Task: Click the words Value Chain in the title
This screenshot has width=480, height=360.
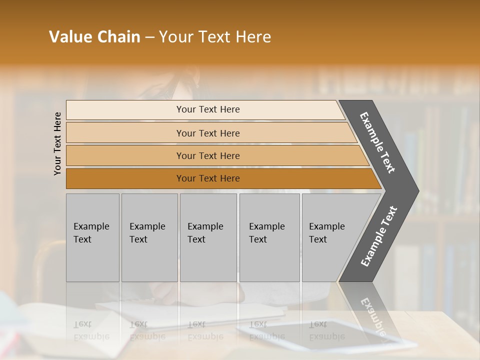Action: pyautogui.click(x=94, y=37)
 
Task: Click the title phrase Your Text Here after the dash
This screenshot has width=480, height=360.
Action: pyautogui.click(x=215, y=37)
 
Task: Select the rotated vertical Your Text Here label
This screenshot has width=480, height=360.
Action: pyautogui.click(x=57, y=143)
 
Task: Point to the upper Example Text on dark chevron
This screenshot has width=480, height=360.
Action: pyautogui.click(x=377, y=142)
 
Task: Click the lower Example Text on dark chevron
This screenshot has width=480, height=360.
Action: pyautogui.click(x=379, y=236)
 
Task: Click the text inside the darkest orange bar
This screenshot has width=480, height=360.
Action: pyautogui.click(x=208, y=178)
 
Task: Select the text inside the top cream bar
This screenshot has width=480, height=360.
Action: pyautogui.click(x=208, y=109)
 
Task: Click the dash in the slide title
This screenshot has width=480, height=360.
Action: pyautogui.click(x=149, y=37)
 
